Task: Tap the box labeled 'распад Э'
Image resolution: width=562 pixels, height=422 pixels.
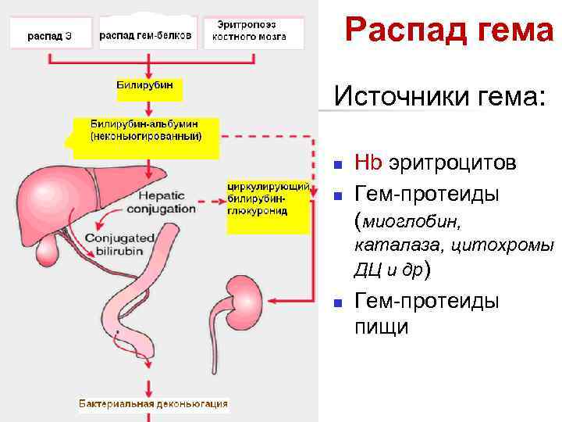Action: coord(50,35)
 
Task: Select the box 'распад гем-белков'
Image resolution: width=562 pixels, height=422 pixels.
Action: coord(146,34)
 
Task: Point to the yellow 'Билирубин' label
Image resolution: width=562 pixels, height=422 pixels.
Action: coord(149,88)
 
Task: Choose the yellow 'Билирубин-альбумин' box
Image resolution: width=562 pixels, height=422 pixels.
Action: coord(146,131)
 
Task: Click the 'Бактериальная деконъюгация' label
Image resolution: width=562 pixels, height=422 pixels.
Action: coord(153,403)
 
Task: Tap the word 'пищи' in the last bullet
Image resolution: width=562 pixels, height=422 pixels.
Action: coord(381,327)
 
